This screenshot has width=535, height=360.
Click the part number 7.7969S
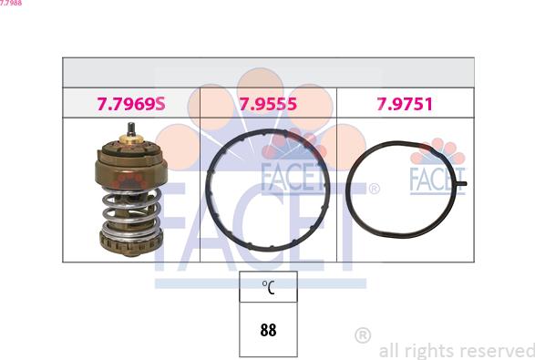point(131,104)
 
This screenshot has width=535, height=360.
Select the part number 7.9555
point(268,104)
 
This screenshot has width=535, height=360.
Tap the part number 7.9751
point(405,104)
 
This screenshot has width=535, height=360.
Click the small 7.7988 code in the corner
point(11,3)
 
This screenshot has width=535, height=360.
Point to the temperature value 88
point(268,330)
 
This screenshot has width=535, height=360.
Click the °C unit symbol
point(269,287)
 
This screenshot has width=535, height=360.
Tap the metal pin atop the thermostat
point(131,129)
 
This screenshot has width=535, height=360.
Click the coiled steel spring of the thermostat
point(131,211)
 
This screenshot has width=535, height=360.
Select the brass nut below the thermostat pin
point(131,139)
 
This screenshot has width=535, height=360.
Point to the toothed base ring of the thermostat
point(130,243)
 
